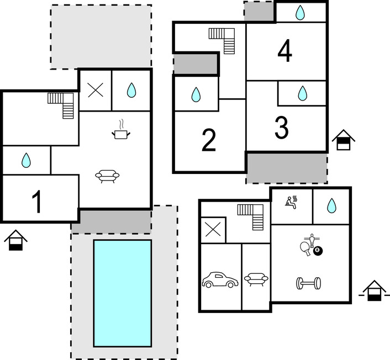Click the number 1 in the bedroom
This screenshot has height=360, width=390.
click(x=36, y=202)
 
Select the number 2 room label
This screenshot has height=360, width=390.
click(x=208, y=140)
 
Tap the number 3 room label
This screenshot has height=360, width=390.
click(x=281, y=129)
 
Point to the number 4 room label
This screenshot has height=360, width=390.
click(x=284, y=52)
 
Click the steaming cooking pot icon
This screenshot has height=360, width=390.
click(x=120, y=130)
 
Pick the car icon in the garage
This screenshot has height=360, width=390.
click(x=220, y=280)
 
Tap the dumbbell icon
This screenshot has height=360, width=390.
click(x=309, y=283)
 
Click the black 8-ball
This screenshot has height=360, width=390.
click(x=318, y=251)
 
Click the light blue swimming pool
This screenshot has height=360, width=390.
click(x=122, y=293)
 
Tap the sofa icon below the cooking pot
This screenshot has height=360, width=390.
click(x=107, y=176)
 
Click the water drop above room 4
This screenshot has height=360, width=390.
click(x=299, y=12)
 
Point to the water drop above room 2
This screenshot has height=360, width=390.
click(x=196, y=96)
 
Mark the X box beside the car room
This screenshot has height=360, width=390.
click(x=212, y=230)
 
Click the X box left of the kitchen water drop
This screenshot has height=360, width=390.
click(x=95, y=91)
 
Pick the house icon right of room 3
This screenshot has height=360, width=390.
click(x=343, y=140)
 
